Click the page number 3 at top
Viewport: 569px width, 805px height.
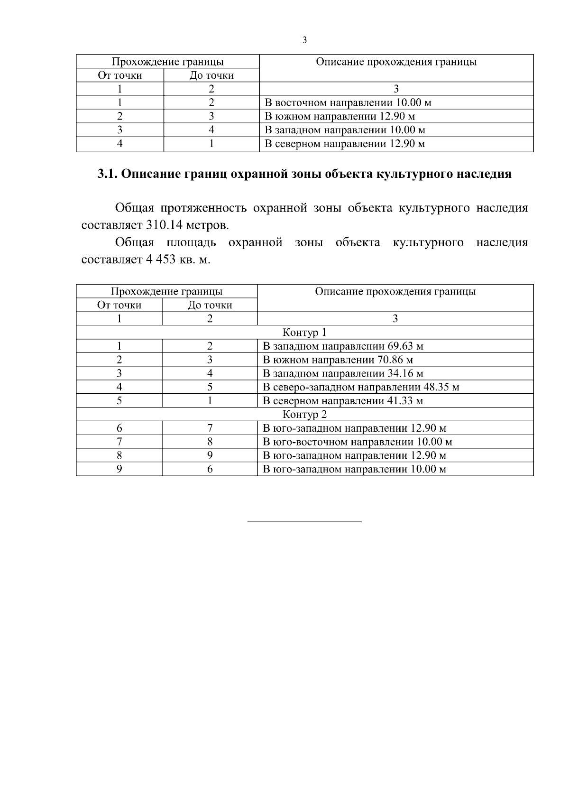304,40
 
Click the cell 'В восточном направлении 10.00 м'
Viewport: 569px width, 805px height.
348,103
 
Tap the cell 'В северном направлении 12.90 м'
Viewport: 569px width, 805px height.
344,144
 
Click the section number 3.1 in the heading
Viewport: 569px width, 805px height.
107,174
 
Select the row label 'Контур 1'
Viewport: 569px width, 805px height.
304,333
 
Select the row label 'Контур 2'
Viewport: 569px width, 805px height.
304,415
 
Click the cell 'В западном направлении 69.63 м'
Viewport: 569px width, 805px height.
343,346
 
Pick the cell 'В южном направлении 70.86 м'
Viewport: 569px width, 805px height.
338,360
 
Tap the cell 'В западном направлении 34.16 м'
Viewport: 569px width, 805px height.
343,374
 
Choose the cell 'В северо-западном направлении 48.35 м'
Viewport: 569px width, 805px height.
361,387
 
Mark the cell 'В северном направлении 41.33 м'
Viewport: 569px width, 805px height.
343,401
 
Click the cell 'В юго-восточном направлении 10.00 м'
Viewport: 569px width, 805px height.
358,442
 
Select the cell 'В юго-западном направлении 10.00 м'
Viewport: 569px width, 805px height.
354,470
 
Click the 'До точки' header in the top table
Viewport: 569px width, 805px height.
211,75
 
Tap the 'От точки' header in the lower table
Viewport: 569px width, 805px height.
119,305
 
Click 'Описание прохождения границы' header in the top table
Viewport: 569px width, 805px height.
396,62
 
